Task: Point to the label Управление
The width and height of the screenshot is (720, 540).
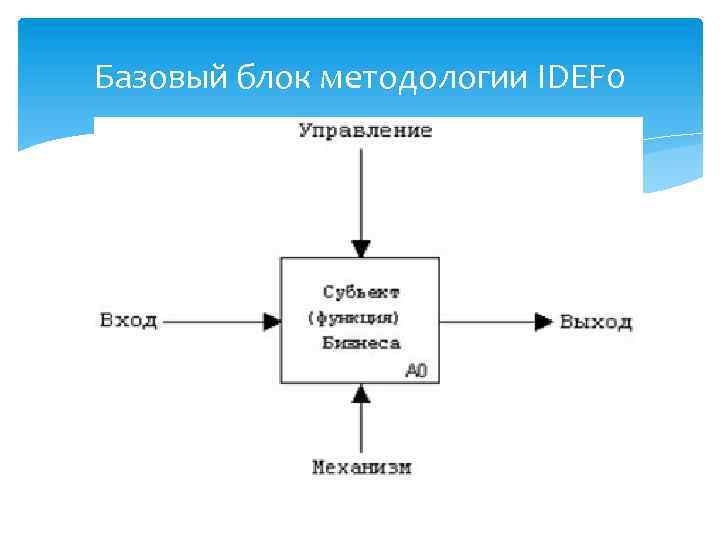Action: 365,131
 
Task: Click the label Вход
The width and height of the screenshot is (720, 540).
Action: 129,321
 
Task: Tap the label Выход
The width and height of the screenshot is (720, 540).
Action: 596,321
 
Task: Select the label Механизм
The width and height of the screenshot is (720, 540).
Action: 361,467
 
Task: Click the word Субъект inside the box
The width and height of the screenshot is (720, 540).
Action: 361,292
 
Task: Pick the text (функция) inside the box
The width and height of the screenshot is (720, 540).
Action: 354,318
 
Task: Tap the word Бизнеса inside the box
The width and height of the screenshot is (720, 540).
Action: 361,343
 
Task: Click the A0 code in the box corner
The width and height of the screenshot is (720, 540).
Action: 416,371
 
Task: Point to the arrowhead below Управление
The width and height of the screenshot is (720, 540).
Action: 361,248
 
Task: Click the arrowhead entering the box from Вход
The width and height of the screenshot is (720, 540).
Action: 271,321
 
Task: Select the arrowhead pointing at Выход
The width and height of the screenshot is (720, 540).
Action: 544,321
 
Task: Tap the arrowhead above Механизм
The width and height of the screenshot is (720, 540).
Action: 361,393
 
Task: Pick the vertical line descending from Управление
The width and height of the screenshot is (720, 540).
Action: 361,190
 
